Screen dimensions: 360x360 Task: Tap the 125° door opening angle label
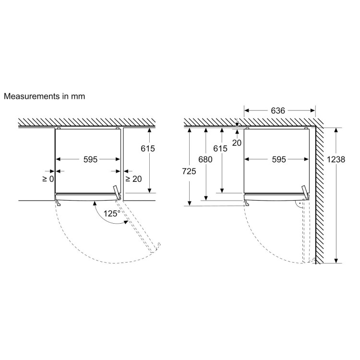[112, 214]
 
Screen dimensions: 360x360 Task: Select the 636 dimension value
[278, 111]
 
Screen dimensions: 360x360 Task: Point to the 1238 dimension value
[336, 159]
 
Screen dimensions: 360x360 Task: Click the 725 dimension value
[189, 171]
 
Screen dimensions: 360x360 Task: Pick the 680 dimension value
[205, 159]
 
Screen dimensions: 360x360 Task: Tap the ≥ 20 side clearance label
[133, 179]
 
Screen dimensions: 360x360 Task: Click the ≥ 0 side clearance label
[48, 179]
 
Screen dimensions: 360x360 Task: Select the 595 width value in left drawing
[90, 159]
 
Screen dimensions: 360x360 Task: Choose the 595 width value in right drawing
[279, 159]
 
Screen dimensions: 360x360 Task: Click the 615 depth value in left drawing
[148, 148]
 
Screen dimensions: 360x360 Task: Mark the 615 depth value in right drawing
[220, 148]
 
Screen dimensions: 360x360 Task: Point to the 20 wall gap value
[237, 143]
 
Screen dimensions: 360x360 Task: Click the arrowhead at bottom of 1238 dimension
[336, 261]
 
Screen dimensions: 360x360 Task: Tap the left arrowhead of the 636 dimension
[247, 111]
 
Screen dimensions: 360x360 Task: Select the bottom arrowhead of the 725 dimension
[190, 203]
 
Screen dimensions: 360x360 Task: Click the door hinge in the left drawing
[117, 192]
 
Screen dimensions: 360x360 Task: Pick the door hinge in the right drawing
[306, 192]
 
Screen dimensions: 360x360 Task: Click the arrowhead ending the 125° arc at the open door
[126, 222]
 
